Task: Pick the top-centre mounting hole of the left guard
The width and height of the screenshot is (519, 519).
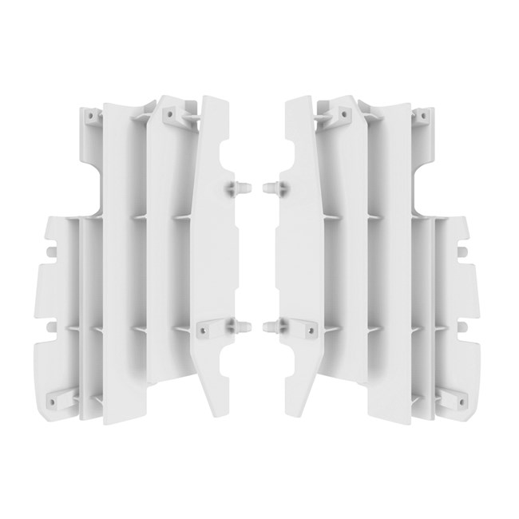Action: tap(169, 113)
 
